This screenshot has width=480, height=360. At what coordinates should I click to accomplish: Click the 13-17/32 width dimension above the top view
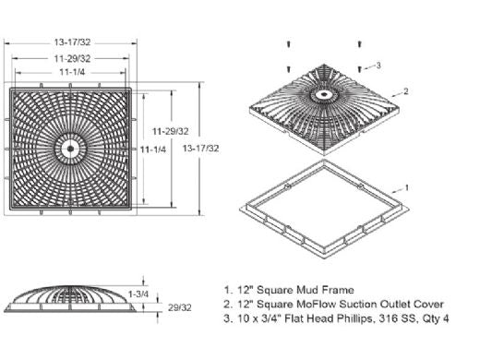72,42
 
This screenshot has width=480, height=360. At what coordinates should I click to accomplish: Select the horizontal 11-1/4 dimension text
72,72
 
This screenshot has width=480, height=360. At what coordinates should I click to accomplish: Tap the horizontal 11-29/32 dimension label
72,58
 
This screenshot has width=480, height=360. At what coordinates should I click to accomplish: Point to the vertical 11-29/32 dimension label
171,131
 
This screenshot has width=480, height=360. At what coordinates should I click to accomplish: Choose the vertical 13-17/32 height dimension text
200,149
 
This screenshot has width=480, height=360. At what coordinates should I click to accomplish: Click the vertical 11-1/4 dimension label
153,150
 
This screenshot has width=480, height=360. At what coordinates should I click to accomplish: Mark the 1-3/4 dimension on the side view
138,294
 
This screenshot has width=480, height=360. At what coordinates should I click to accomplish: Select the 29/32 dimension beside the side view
180,307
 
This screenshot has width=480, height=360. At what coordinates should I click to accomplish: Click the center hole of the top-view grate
70,149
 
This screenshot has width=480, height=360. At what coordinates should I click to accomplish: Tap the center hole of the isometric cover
323,93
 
